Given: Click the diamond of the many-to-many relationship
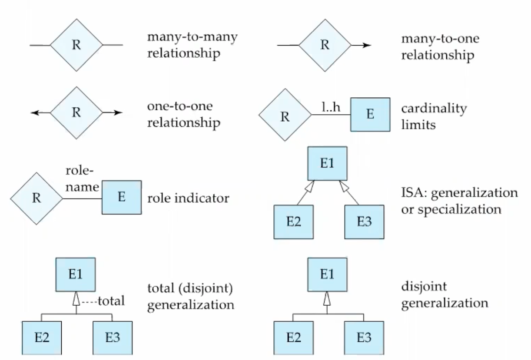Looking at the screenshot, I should pyautogui.click(x=76, y=45).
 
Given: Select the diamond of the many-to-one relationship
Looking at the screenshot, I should pyautogui.click(x=325, y=45).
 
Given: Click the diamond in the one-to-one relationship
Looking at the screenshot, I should pyautogui.click(x=76, y=113).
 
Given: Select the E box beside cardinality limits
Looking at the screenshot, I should pyautogui.click(x=370, y=115).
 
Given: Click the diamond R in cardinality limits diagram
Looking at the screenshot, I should pyautogui.click(x=285, y=115).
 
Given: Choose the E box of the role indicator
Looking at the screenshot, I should pyautogui.click(x=122, y=198).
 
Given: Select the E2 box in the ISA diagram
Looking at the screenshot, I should pyautogui.click(x=293, y=221).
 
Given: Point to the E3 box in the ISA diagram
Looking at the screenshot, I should pyautogui.click(x=364, y=221).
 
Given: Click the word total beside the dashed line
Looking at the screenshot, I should pyautogui.click(x=111, y=301).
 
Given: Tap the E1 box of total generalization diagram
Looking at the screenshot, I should pyautogui.click(x=76, y=274).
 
